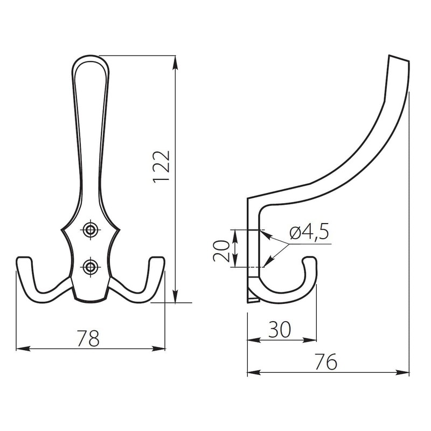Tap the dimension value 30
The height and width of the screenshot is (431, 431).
(280, 329)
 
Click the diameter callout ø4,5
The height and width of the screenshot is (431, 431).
(309, 233)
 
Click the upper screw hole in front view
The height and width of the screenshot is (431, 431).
(89, 230)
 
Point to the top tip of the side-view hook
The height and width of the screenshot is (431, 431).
(399, 59)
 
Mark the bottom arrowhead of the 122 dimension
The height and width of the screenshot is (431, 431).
(175, 299)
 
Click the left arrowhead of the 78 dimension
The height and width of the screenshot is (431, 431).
(20, 349)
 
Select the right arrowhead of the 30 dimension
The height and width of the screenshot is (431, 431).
(313, 340)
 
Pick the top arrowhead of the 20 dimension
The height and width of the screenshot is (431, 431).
(234, 232)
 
